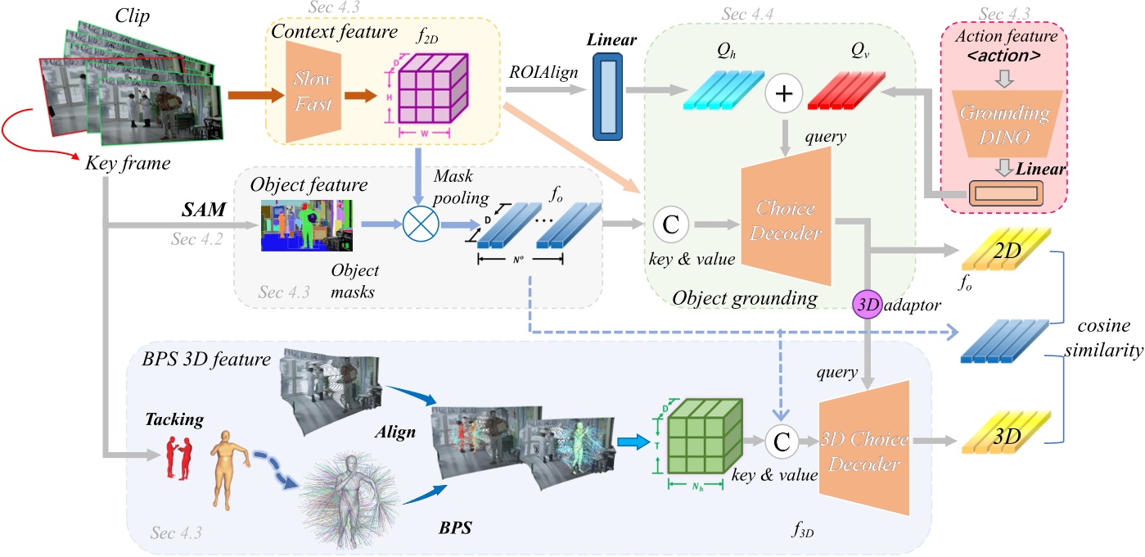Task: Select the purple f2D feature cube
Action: tap(428, 88)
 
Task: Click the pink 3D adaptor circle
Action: tap(867, 304)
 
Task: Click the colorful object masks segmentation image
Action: tap(306, 224)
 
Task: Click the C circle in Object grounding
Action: tap(670, 223)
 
